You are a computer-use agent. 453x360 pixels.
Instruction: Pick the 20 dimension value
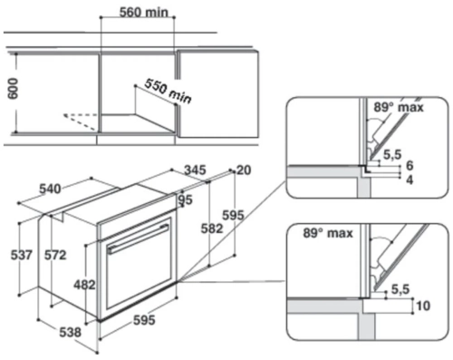click(243, 170)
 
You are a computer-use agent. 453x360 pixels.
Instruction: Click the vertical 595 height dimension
click(234, 215)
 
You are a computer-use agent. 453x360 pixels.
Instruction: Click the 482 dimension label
click(84, 284)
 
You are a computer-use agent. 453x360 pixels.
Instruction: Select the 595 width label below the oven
click(144, 320)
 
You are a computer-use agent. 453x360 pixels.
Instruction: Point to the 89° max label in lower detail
click(319, 236)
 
